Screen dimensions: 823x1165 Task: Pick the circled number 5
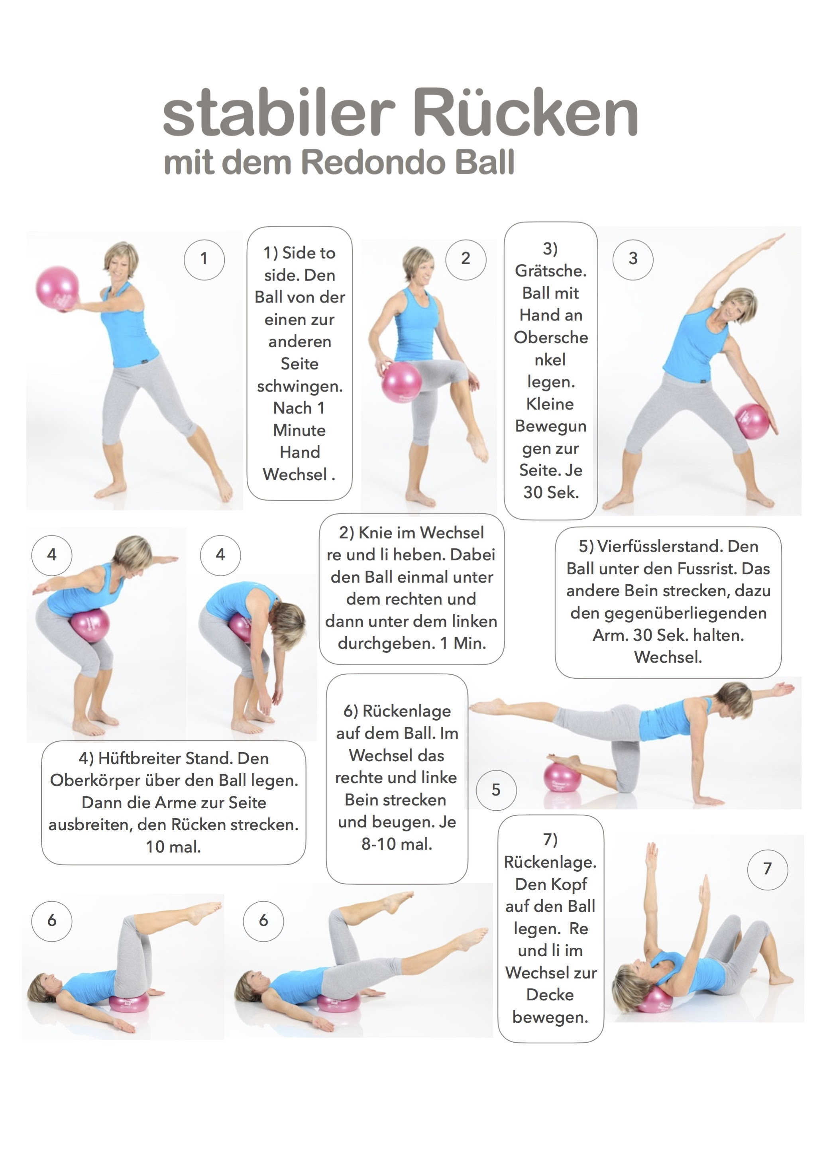point(496,790)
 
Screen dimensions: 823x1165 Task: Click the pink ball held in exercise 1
point(57,288)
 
